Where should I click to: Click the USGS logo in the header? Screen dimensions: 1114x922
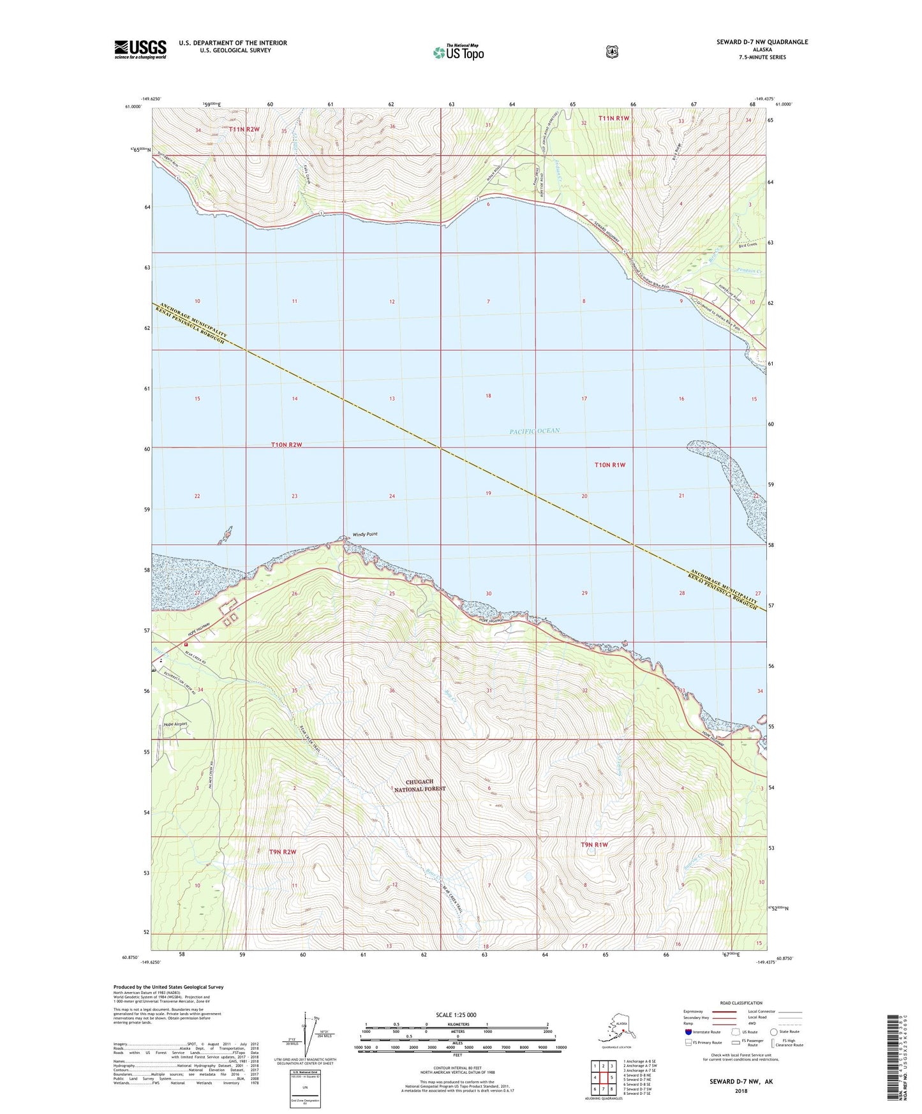click(x=140, y=49)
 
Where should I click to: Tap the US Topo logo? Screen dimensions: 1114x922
click(x=457, y=52)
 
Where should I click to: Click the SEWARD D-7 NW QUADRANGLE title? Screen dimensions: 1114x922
click(x=762, y=42)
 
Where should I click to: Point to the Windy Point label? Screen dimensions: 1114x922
click(x=365, y=534)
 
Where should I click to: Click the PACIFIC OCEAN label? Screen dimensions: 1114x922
click(x=534, y=431)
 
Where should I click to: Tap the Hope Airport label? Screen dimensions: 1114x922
click(x=175, y=724)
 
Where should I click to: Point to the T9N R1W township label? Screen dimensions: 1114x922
click(x=594, y=845)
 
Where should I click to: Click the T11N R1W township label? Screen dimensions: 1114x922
click(x=613, y=118)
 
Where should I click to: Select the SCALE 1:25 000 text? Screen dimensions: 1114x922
click(x=456, y=1014)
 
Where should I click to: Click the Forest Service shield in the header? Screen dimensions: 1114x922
click(x=612, y=52)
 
